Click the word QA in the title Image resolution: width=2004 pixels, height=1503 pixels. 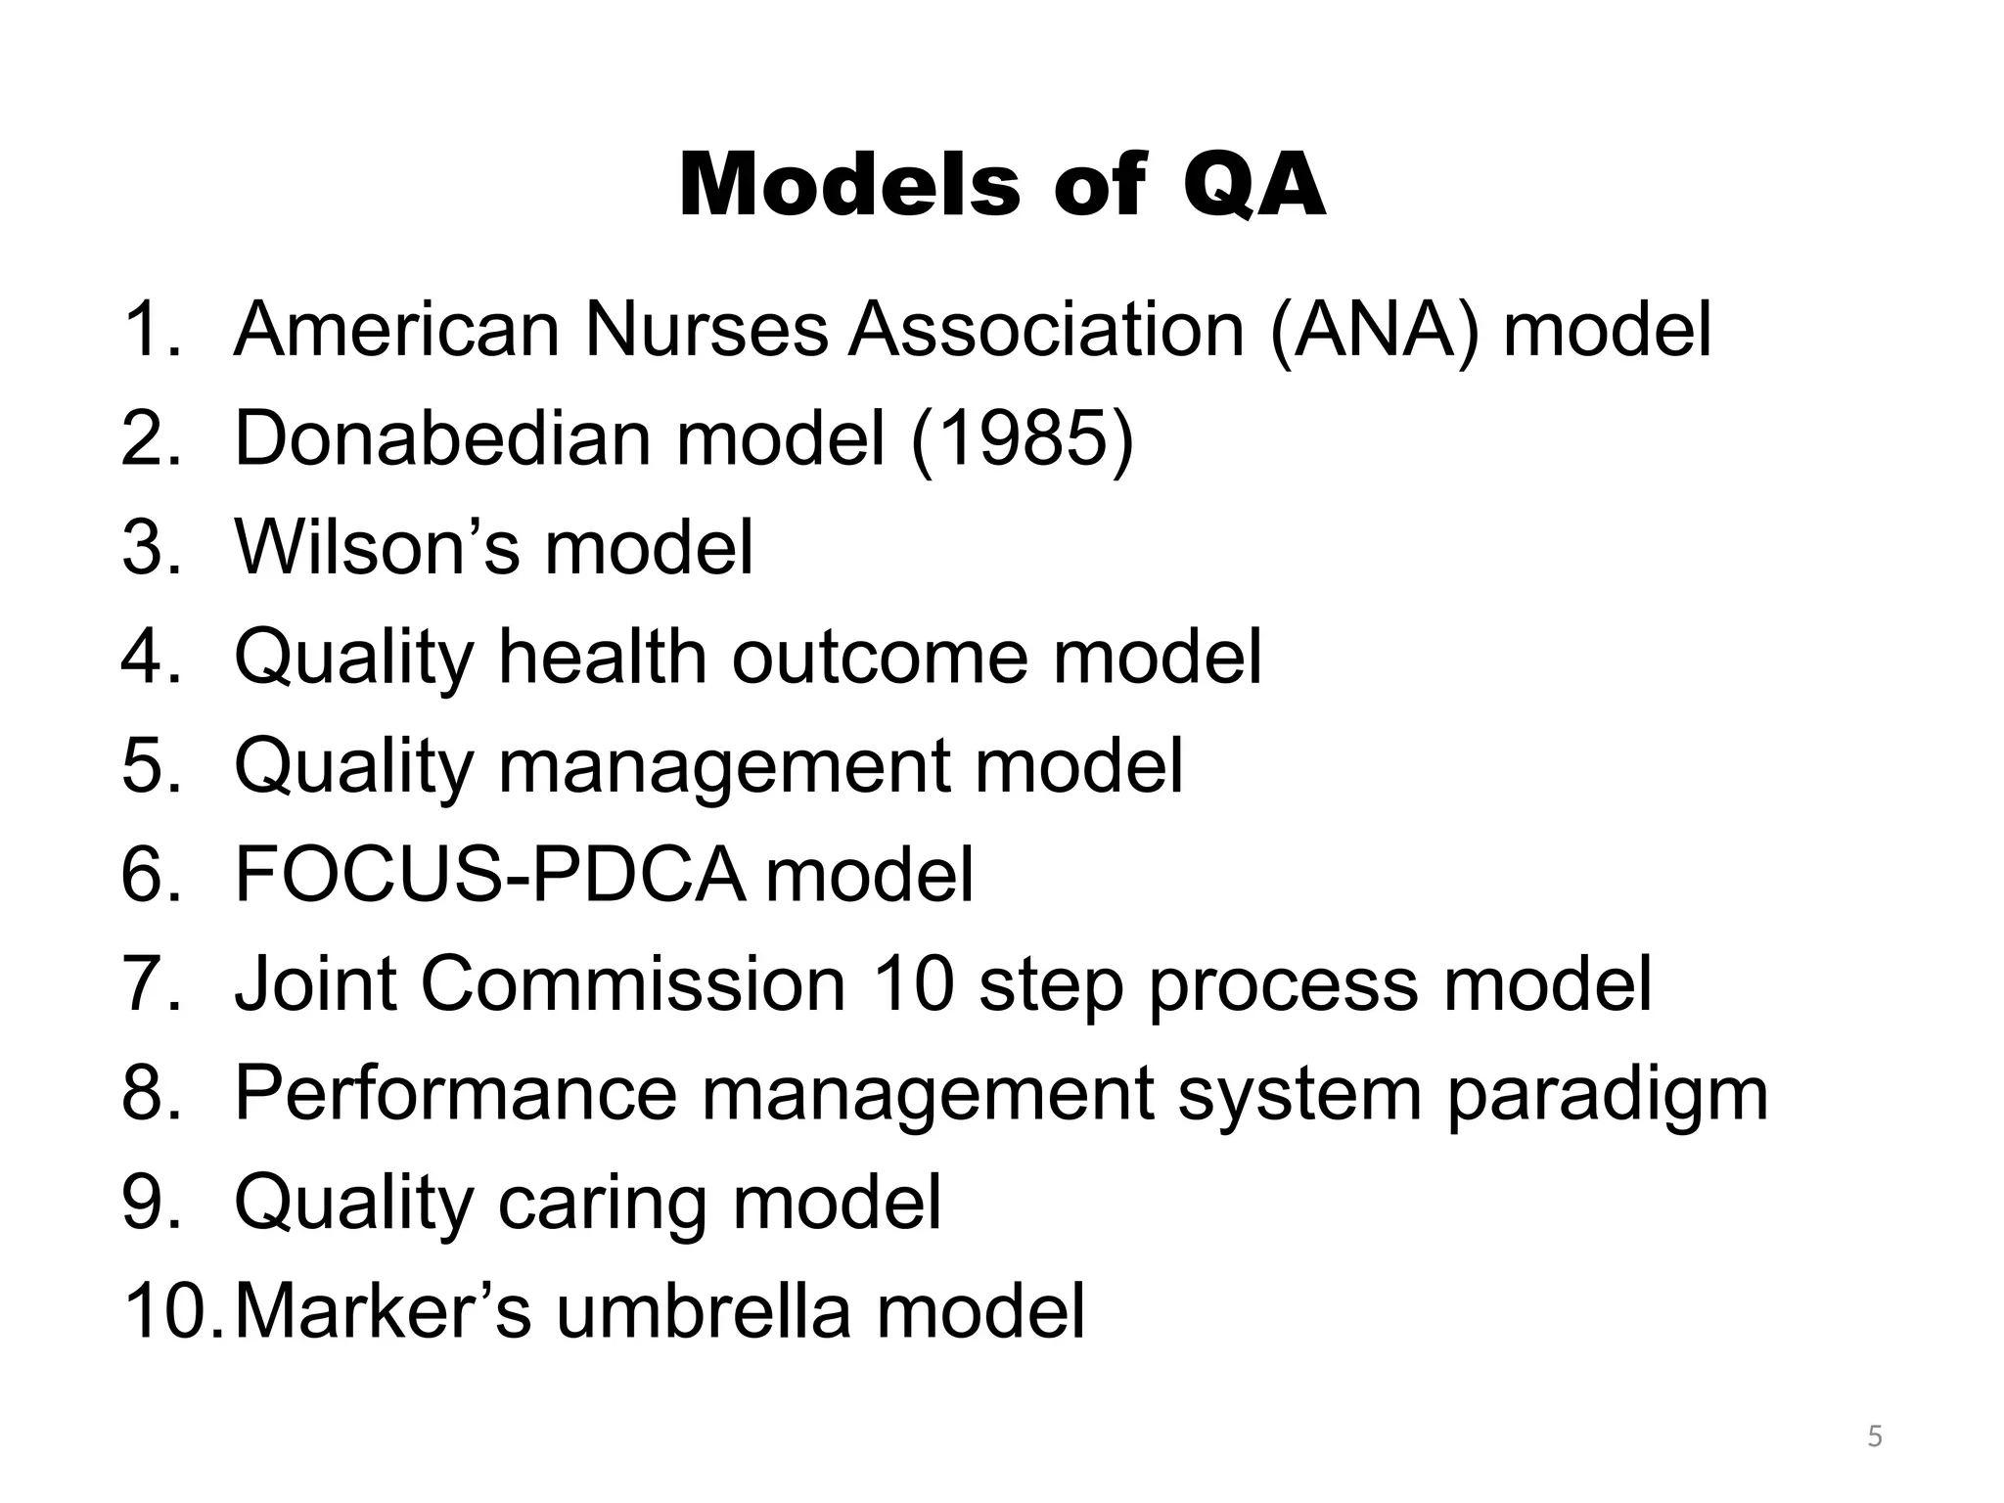tap(1253, 186)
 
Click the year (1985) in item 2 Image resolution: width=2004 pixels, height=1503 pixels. tap(1022, 439)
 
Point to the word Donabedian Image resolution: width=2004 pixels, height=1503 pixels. tap(442, 439)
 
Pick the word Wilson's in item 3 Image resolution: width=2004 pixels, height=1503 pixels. tap(377, 547)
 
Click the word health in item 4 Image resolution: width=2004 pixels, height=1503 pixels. tap(602, 657)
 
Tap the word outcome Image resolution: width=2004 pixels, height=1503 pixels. tap(880, 657)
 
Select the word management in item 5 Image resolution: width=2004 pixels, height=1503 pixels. tap(723, 766)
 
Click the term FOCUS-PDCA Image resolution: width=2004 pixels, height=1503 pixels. tap(488, 875)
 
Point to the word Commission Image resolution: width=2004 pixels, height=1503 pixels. tap(633, 984)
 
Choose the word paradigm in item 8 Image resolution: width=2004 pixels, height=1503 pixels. tap(1607, 1094)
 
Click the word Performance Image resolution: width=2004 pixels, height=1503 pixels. tap(455, 1094)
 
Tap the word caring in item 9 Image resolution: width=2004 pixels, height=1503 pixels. tap(601, 1203)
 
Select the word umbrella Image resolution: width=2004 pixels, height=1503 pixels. tap(704, 1312)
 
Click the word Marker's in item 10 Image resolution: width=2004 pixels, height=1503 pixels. tap(384, 1312)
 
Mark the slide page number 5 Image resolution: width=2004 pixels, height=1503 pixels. tap(1875, 1437)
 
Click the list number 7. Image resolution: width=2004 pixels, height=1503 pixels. tap(146, 984)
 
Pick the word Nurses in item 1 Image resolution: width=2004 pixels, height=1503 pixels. tap(706, 330)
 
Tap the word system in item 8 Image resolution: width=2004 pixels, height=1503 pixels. tap(1298, 1094)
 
